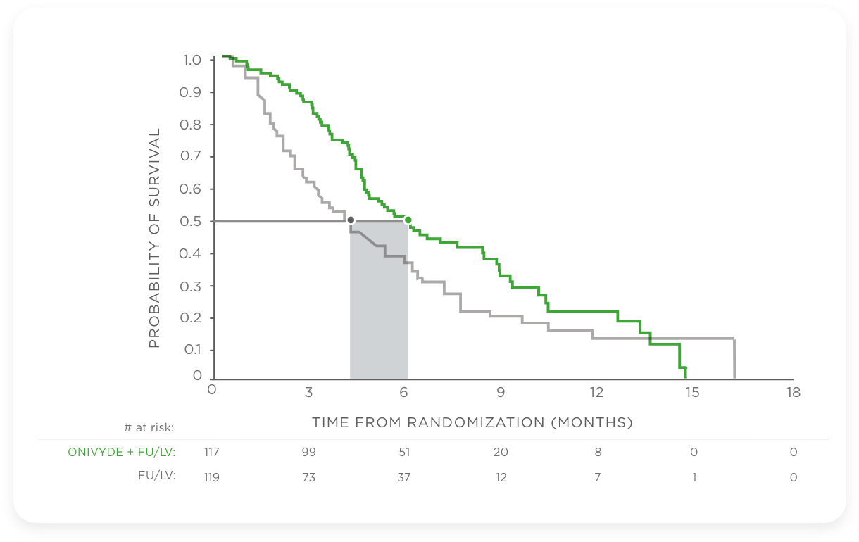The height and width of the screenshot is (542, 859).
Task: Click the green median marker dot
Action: (x=408, y=220)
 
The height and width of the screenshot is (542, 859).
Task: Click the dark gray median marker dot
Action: (x=351, y=220)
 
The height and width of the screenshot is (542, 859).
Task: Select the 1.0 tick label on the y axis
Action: (x=193, y=61)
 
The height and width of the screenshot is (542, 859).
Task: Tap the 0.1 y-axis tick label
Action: (x=193, y=350)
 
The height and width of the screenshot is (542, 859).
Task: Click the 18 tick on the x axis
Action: (x=794, y=392)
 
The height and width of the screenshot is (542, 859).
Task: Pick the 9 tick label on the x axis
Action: (x=501, y=392)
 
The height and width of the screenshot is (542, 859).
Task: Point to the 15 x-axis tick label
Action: (x=693, y=392)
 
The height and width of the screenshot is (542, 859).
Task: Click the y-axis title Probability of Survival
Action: (x=155, y=238)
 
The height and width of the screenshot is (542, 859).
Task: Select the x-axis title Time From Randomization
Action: (x=472, y=422)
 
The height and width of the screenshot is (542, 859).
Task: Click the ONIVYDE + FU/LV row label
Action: (x=121, y=452)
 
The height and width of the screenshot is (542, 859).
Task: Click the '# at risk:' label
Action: (x=148, y=427)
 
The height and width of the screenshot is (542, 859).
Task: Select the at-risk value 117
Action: (x=211, y=453)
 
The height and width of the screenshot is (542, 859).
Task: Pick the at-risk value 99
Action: (x=308, y=453)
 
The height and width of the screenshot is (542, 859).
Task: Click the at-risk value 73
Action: (x=308, y=477)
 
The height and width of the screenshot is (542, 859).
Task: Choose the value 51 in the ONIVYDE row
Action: (x=403, y=453)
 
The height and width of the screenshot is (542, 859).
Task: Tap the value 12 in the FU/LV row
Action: (x=500, y=477)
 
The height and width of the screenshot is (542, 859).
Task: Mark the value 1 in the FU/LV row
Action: (x=694, y=477)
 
